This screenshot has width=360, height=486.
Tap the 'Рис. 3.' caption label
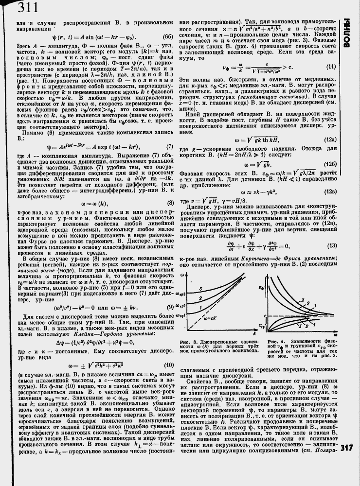click(x=187, y=342)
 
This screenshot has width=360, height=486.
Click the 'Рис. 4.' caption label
click(x=275, y=341)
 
